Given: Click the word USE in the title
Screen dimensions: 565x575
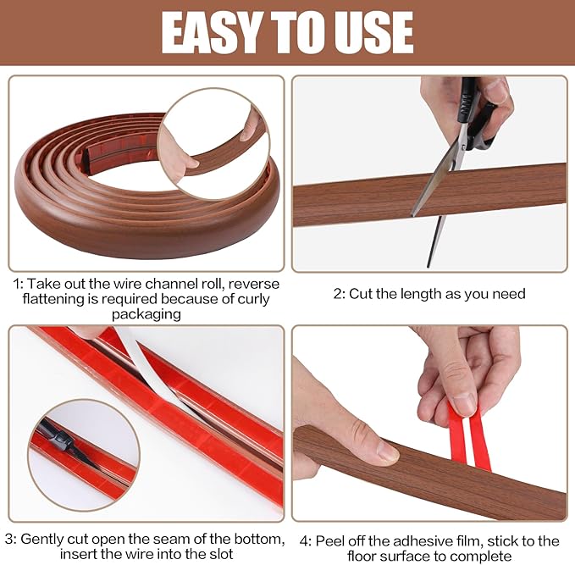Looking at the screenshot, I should click(x=371, y=32).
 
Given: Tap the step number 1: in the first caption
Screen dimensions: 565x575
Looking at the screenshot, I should click(x=18, y=284).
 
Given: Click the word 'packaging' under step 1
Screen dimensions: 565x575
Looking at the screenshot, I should click(x=143, y=315).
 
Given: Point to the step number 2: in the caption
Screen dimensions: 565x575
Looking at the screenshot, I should click(x=340, y=294).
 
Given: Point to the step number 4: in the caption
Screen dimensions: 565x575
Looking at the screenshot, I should click(x=306, y=540).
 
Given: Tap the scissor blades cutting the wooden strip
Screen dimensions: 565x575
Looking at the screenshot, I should click(x=436, y=182).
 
